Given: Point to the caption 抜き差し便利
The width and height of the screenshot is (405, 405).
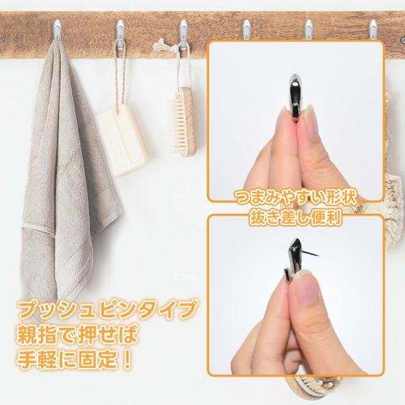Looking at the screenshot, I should (x=295, y=216).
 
